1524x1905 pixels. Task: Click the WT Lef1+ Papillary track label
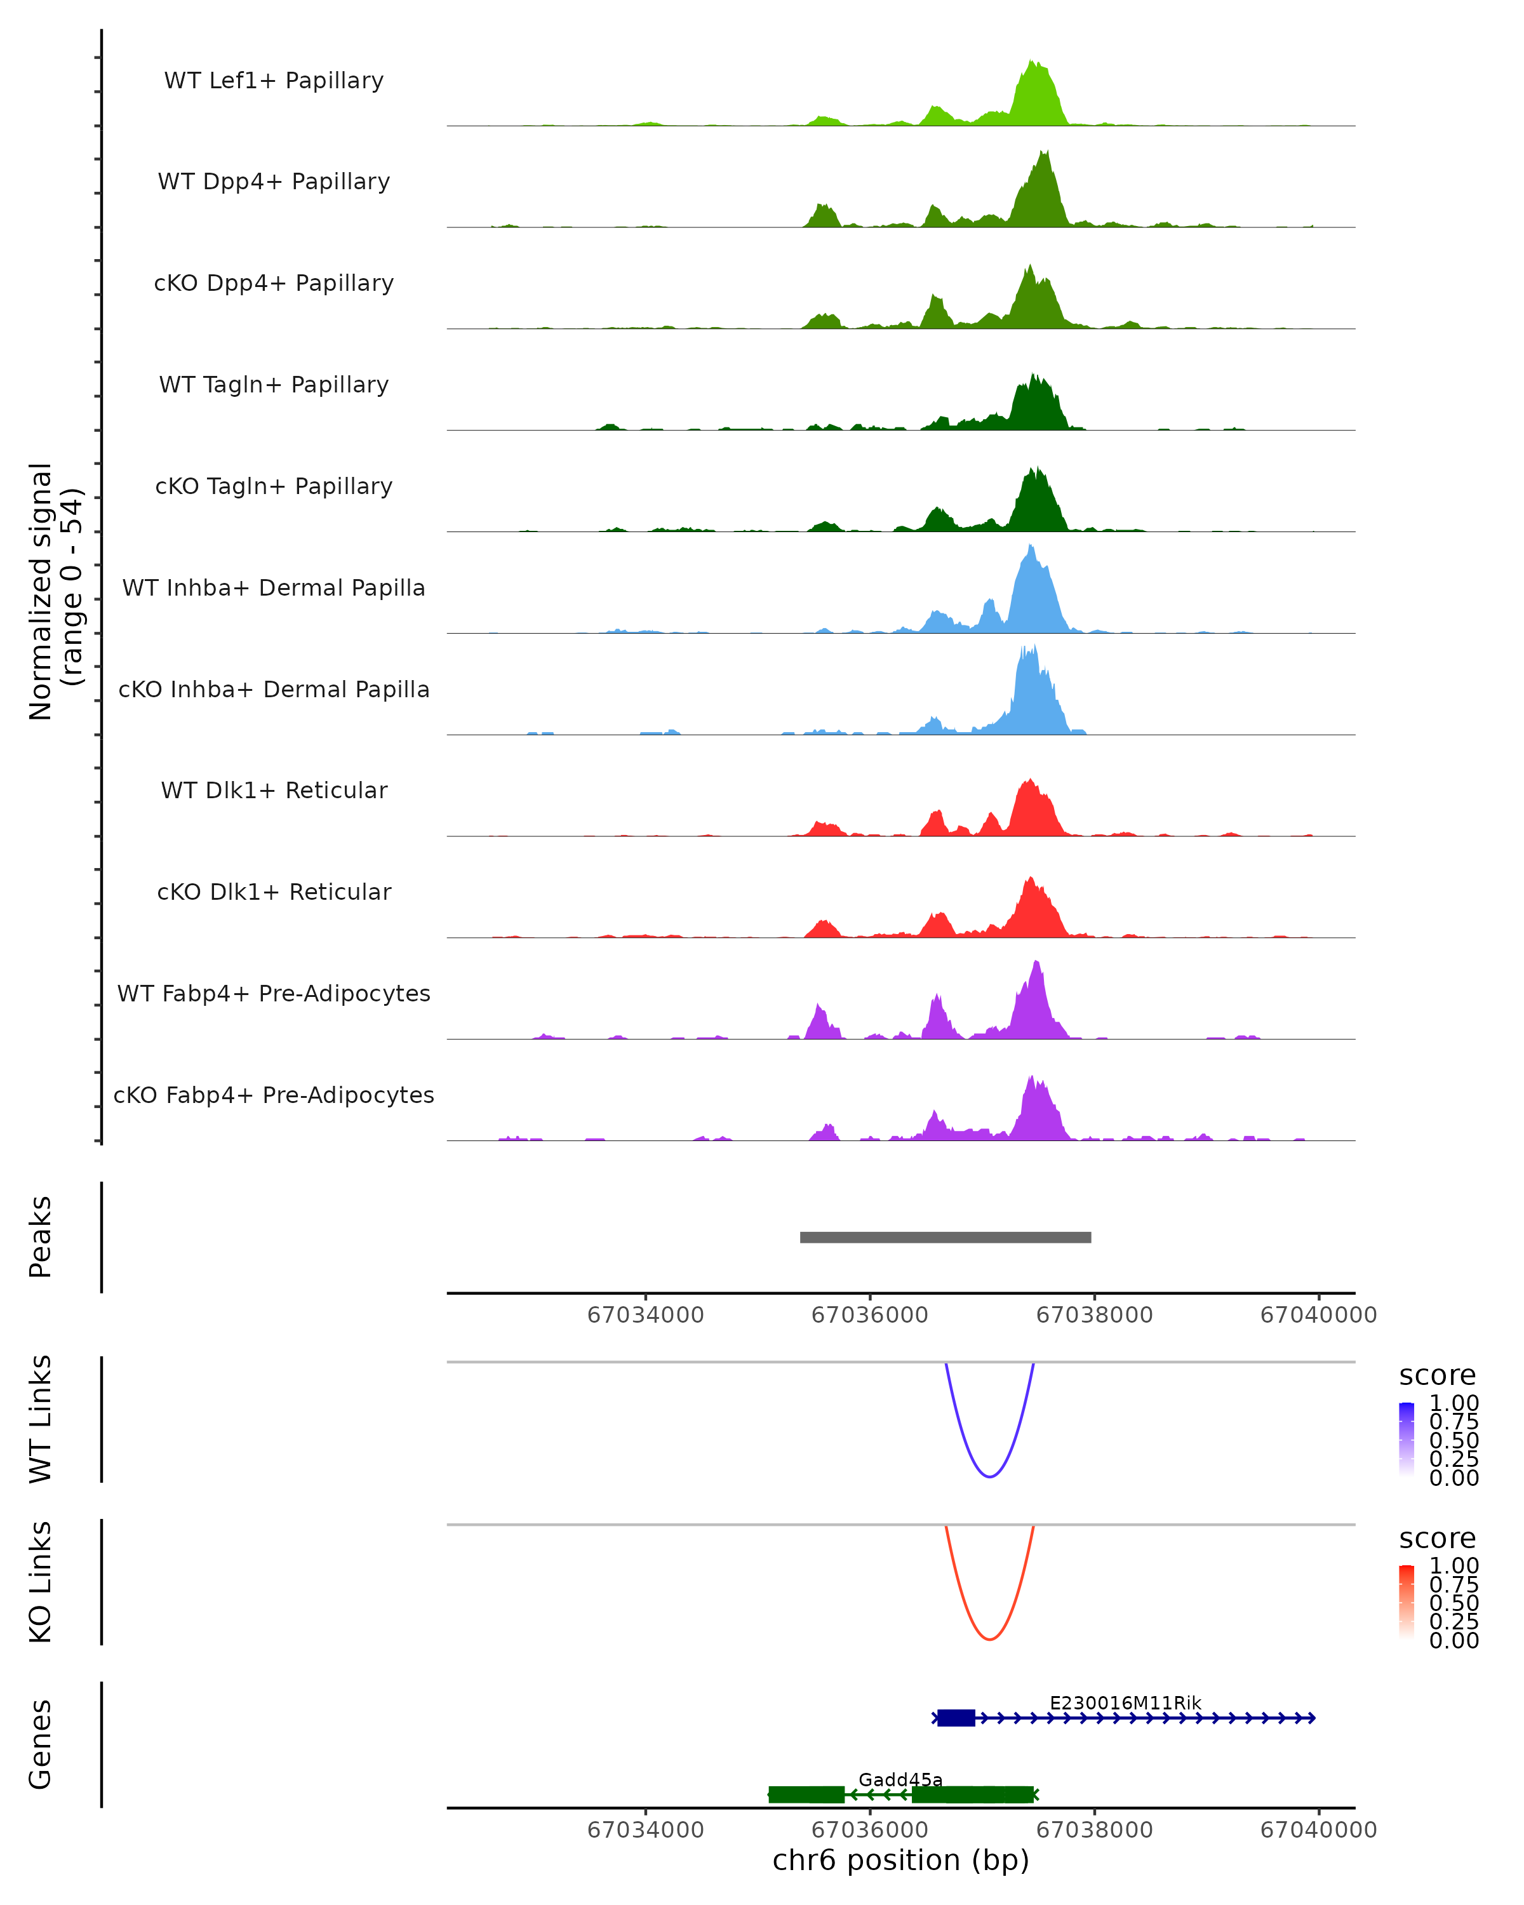(274, 81)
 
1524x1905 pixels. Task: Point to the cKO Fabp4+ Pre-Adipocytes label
(274, 1095)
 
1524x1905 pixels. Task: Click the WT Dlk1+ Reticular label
(274, 790)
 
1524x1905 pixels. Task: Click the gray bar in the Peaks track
(946, 1237)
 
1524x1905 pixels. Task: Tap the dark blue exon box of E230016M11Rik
(956, 1718)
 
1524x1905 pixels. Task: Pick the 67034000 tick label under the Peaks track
(645, 1315)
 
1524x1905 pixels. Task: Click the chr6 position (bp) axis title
(900, 1860)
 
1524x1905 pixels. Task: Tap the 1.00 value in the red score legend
(1454, 1565)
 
